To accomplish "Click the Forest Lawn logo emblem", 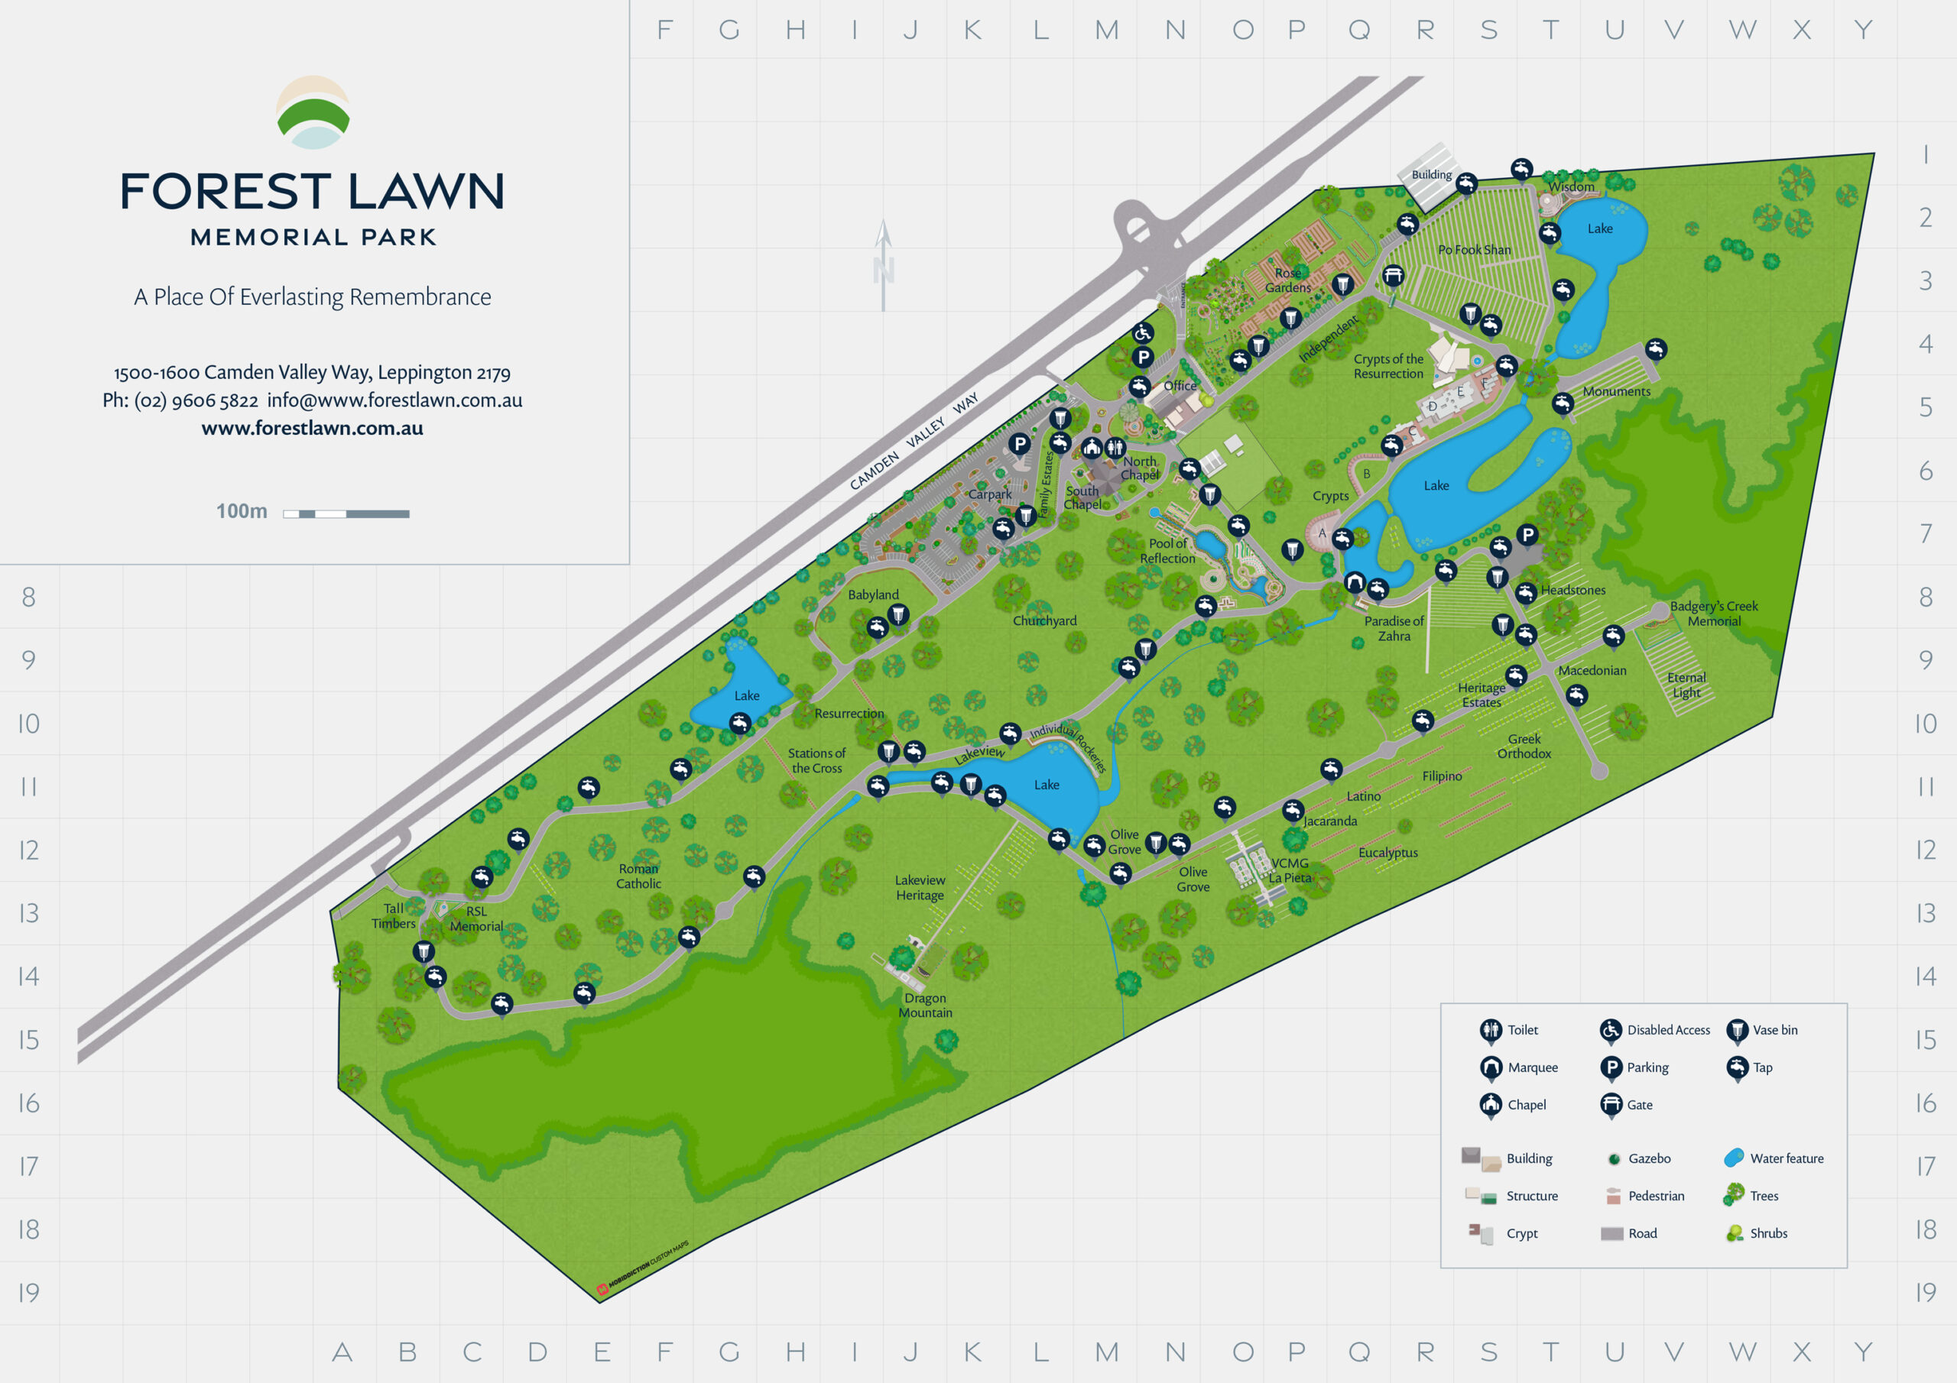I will pyautogui.click(x=313, y=112).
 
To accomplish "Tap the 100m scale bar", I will pyautogui.click(x=346, y=513).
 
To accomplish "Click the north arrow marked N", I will pyautogui.click(x=883, y=266).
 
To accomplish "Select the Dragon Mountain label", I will pyautogui.click(x=925, y=1005).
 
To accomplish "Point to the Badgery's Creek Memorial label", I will pyautogui.click(x=1713, y=614).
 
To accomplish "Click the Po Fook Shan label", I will pyautogui.click(x=1474, y=250).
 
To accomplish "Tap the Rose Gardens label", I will pyautogui.click(x=1287, y=280).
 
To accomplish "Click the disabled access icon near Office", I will pyautogui.click(x=1142, y=332).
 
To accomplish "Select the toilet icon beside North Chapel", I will pyautogui.click(x=1115, y=446).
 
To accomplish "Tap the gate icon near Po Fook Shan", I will pyautogui.click(x=1393, y=275).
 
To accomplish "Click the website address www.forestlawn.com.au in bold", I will pyautogui.click(x=312, y=428).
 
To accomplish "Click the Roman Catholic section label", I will pyautogui.click(x=638, y=876).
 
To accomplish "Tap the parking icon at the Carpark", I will pyautogui.click(x=1020, y=443).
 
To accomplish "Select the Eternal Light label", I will pyautogui.click(x=1686, y=685).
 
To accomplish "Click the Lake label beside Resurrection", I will pyautogui.click(x=747, y=695).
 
